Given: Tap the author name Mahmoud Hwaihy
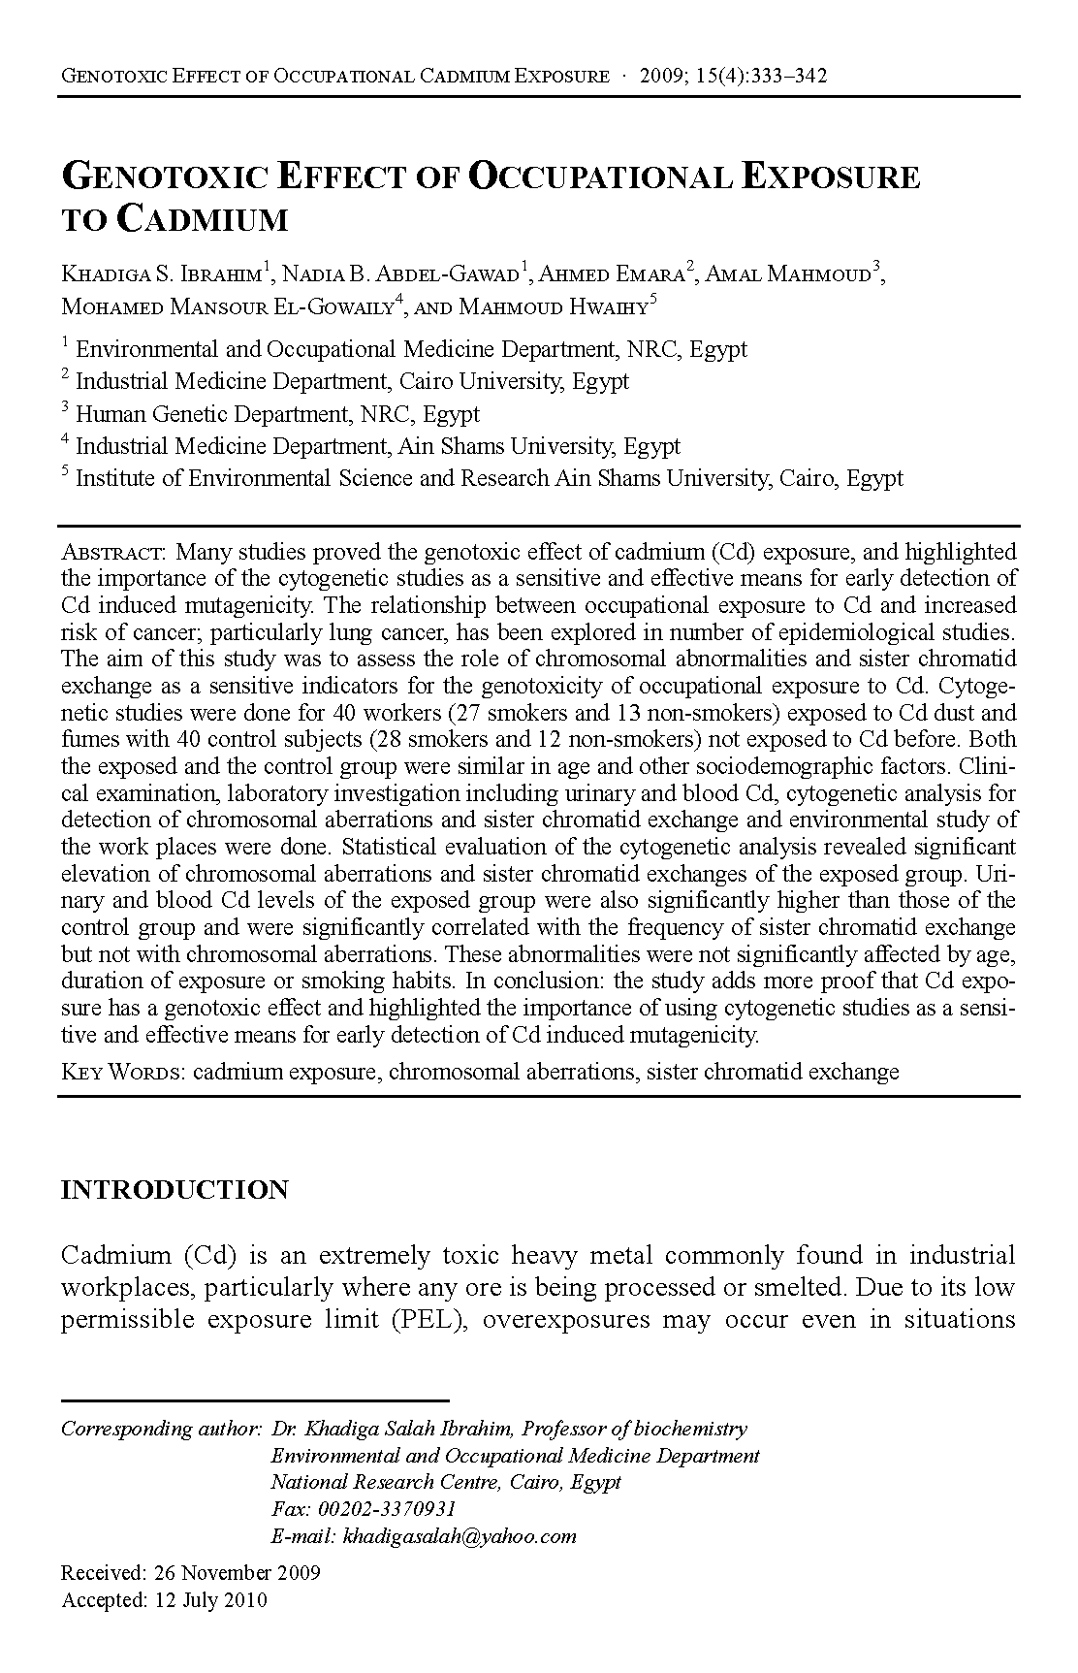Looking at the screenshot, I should click(552, 307).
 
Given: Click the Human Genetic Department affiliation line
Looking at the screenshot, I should click(277, 414).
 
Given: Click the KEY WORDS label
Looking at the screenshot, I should click(122, 1072).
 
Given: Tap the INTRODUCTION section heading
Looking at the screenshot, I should click(174, 1190).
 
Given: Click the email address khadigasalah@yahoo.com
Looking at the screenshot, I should click(460, 1536).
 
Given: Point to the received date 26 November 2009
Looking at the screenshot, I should click(237, 1572).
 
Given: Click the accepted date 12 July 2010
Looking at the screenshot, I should click(210, 1600).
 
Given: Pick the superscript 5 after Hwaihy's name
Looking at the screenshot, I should click(653, 300).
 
